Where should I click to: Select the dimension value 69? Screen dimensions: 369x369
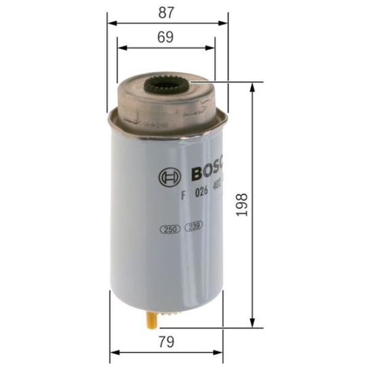165,37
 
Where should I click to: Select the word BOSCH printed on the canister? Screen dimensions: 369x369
209,172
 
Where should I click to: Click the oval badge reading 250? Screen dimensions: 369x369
169,229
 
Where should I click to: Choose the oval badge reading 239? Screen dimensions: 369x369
194,226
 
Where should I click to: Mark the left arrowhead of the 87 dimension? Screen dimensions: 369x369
111,23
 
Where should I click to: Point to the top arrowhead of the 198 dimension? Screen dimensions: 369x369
252,86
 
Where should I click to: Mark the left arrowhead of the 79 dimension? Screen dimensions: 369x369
113,353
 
